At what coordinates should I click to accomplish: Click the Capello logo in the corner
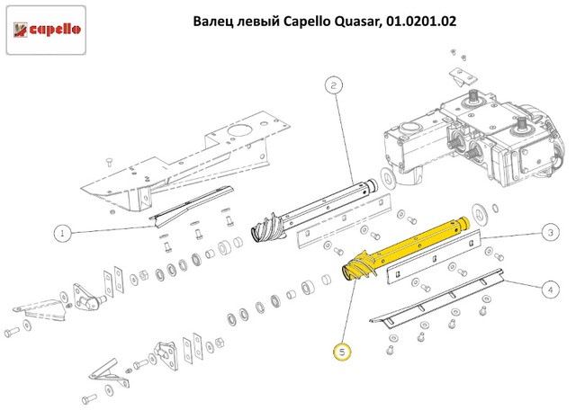point(46,30)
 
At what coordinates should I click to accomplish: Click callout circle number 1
point(62,234)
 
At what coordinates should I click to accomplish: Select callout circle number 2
point(334,85)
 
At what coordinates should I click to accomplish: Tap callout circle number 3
point(550,232)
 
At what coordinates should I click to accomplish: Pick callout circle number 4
point(550,290)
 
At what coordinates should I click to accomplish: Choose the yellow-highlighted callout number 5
point(342,352)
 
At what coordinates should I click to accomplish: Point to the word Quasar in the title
point(355,22)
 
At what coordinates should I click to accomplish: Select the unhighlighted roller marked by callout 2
point(314,210)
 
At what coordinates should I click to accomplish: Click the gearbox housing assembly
point(474,136)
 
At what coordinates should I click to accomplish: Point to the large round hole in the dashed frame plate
point(239,131)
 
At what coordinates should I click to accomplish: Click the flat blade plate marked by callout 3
point(434,257)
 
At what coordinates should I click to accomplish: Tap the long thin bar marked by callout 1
point(191,208)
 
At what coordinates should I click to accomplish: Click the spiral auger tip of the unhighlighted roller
point(268,227)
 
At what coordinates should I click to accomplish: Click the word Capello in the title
point(307,22)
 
